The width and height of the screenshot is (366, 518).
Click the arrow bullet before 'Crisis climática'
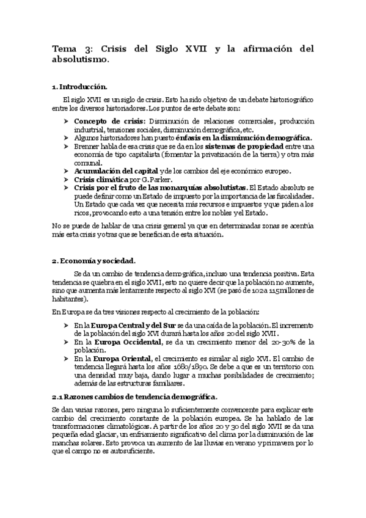coord(66,180)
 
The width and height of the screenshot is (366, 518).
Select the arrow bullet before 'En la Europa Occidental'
coord(66,343)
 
